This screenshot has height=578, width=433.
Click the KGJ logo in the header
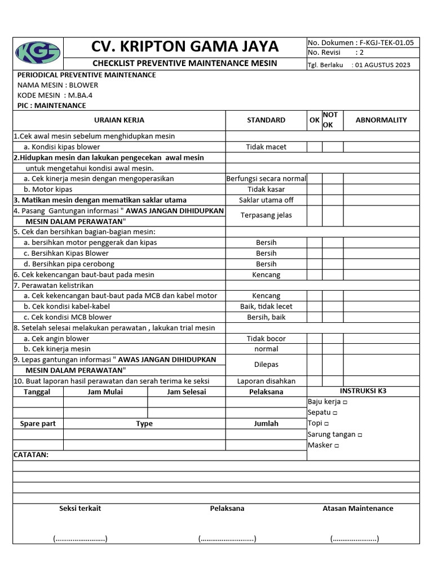point(38,52)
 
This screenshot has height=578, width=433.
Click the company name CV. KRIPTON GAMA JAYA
point(184,46)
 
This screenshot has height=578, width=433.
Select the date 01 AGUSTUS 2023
point(389,65)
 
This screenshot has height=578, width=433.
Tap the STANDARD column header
point(266,120)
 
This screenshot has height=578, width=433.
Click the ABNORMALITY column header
point(381,120)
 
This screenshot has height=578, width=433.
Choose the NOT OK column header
point(330,120)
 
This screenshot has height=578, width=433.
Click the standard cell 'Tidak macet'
point(266,147)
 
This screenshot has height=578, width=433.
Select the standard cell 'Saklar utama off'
point(266,200)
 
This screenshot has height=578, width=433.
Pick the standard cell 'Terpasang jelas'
point(266,215)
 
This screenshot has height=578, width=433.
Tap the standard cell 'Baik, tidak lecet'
point(266,306)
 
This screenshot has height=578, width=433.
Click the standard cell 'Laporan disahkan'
point(266,381)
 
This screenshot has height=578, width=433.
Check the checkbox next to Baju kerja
point(345,402)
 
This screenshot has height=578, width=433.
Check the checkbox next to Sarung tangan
point(360,435)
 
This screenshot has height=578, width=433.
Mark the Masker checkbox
point(337,445)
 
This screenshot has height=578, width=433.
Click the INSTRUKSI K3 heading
point(363,391)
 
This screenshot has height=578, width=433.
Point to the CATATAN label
point(31,454)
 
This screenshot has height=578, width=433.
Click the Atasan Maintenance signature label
point(357,508)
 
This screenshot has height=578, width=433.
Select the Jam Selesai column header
point(187,392)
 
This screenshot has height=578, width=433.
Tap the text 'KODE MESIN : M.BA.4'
point(55,95)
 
